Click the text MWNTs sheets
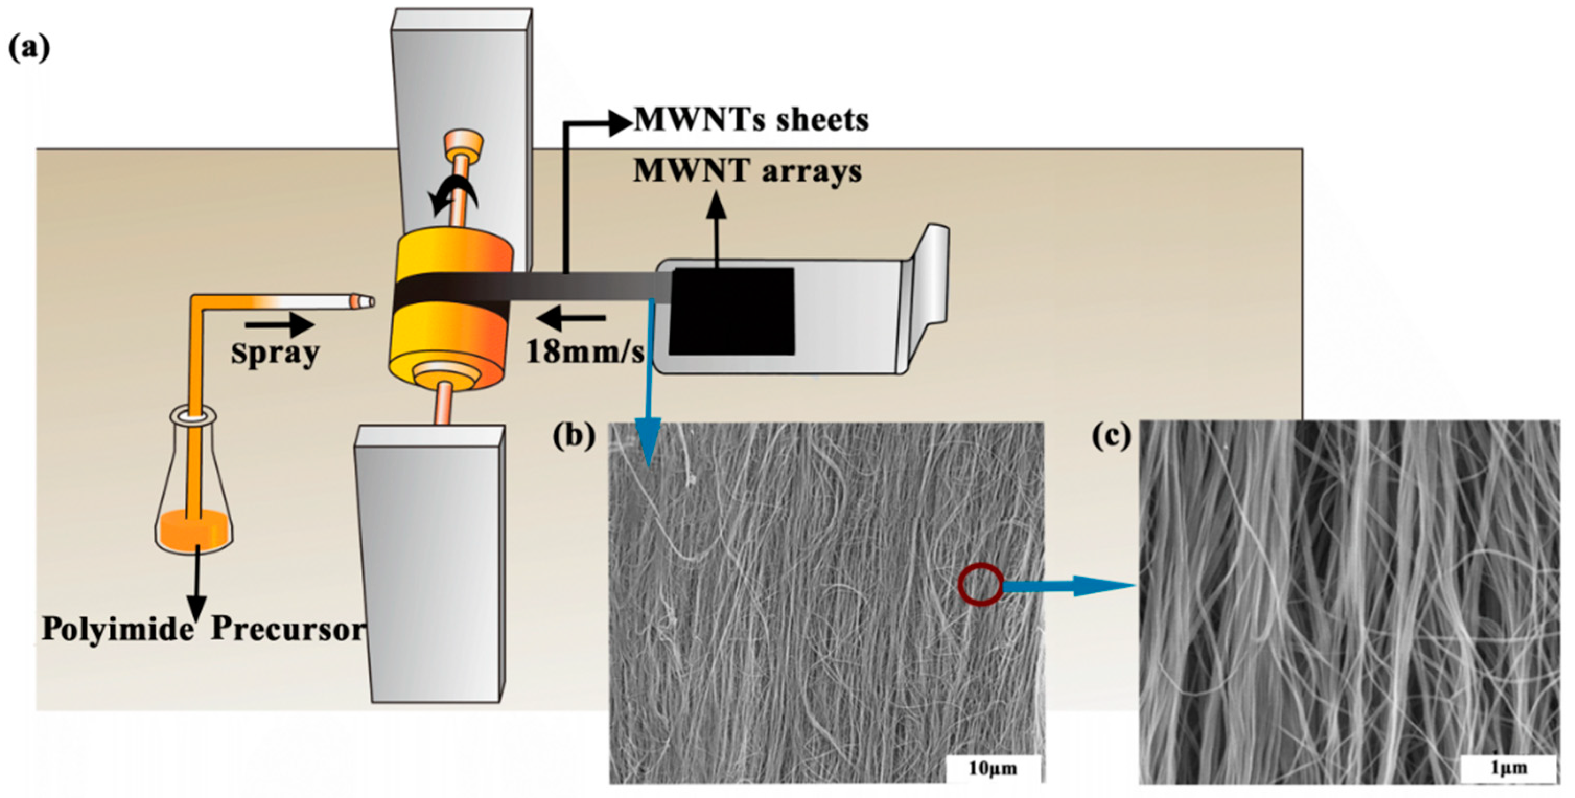pos(751,120)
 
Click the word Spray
pos(275,353)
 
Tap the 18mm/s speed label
pos(585,352)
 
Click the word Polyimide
pos(118,629)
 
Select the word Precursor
pos(287,629)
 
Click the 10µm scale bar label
pos(993,768)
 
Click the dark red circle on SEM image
pos(980,585)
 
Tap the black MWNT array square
pos(731,312)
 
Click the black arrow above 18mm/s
pos(571,318)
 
